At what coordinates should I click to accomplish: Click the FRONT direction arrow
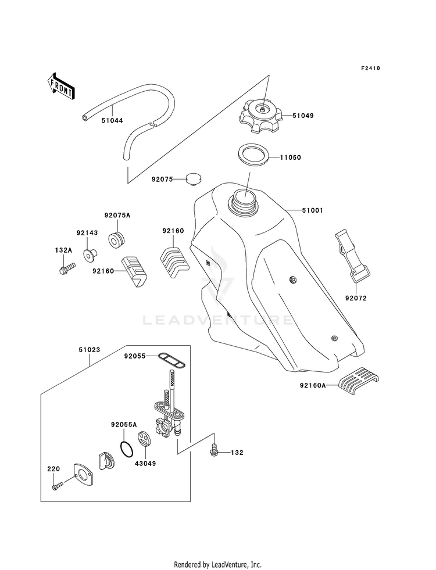pos(60,86)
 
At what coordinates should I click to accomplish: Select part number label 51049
pos(303,116)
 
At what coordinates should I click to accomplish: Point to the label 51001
pos(312,210)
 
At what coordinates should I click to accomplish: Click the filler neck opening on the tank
pos(243,199)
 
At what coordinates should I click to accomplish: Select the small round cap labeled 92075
pos(194,180)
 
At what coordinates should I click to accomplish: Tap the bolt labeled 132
pos(215,449)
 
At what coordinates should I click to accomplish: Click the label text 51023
pos(89,350)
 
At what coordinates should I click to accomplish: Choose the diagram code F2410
pos(370,68)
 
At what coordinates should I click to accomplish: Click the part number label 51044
pos(112,120)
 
